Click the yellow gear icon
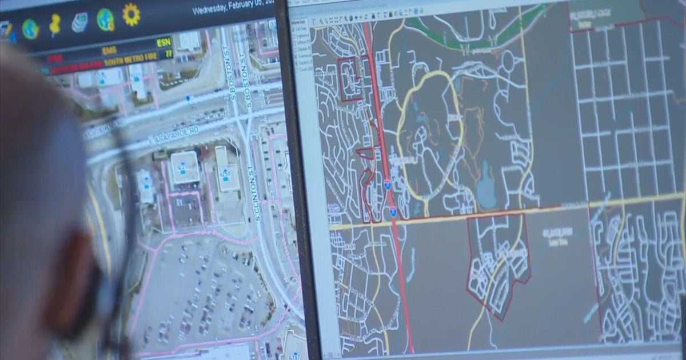131,14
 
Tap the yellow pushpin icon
55,25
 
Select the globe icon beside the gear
105,19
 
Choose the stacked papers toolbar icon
79,22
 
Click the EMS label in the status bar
109,50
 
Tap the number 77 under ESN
167,54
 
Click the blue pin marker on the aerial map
188,98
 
